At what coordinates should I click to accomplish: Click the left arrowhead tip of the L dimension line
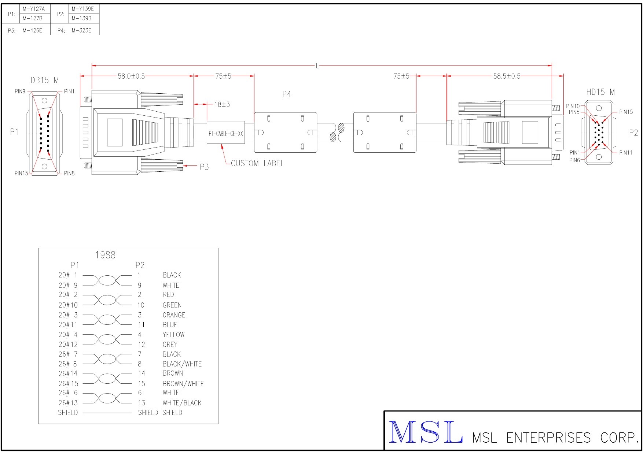pyautogui.click(x=92, y=66)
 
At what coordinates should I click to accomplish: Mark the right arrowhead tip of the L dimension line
pyautogui.click(x=552, y=66)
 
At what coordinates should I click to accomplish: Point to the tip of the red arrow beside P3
pyautogui.click(x=183, y=166)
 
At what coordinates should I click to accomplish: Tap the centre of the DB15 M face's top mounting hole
pyautogui.click(x=45, y=100)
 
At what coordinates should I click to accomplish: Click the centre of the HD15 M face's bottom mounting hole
pyautogui.click(x=599, y=157)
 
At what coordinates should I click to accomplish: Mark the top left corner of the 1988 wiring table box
pyautogui.click(x=38, y=248)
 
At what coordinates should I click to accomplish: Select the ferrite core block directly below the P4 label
pyautogui.click(x=286, y=133)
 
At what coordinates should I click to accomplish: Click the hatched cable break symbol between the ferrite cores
pyautogui.click(x=337, y=133)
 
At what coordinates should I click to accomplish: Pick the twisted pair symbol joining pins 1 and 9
pyautogui.click(x=107, y=280)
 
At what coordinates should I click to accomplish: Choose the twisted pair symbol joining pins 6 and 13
pyautogui.click(x=107, y=398)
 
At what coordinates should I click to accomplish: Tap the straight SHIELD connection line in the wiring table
pyautogui.click(x=107, y=413)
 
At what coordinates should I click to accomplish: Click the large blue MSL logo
pyautogui.click(x=425, y=432)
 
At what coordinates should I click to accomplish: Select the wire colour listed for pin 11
pyautogui.click(x=170, y=325)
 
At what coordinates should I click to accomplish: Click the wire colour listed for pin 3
pyautogui.click(x=174, y=315)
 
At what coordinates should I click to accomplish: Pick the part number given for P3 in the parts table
pyautogui.click(x=32, y=30)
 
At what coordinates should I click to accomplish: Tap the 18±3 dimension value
pyautogui.click(x=222, y=104)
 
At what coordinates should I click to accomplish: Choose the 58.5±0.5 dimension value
pyautogui.click(x=507, y=76)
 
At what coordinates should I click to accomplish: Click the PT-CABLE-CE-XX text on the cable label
pyautogui.click(x=226, y=134)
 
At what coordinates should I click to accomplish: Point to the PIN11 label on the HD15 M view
pyautogui.click(x=626, y=153)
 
